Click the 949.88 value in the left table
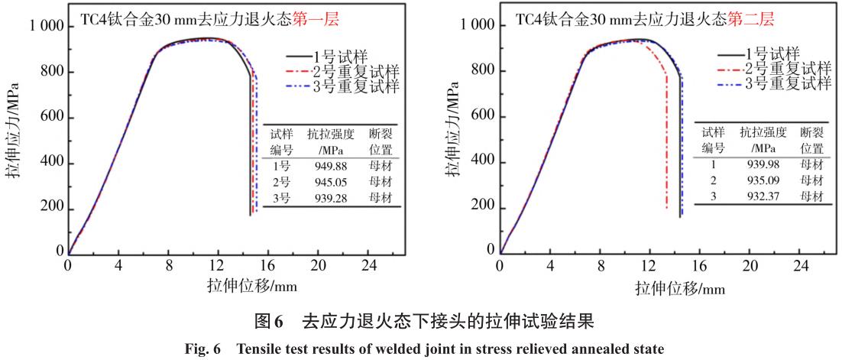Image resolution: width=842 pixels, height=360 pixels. tap(330, 165)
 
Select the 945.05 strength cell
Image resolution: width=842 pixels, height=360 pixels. tap(330, 181)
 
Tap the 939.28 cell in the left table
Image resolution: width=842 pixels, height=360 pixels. tap(330, 197)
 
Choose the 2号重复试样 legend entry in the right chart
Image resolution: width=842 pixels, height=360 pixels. tap(788, 69)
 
